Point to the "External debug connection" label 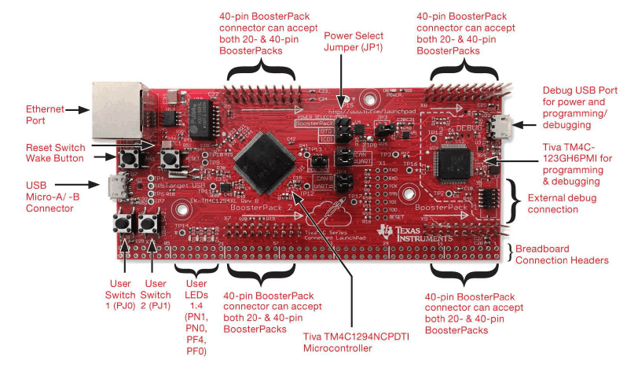(565, 203)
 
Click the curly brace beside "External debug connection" (515, 200)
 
